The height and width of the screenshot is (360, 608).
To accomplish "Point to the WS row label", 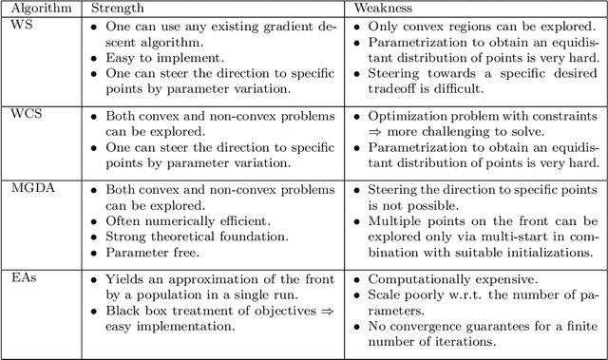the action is click(x=20, y=25).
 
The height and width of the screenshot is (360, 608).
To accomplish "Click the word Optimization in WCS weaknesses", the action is click(x=404, y=117).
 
